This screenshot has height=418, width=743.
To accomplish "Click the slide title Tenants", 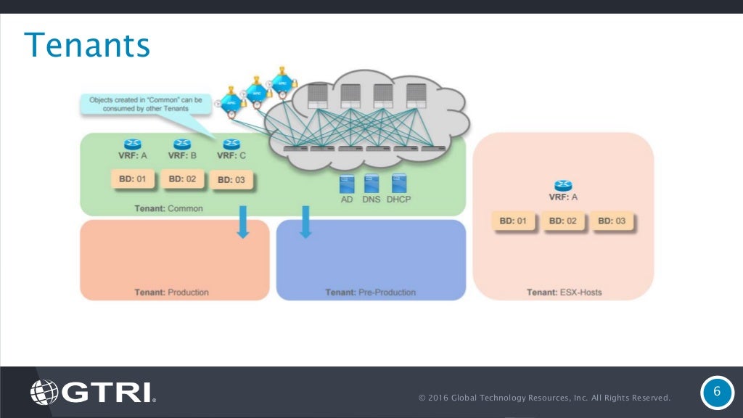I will [x=87, y=45].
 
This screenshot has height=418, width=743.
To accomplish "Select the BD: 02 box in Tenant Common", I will [x=182, y=179].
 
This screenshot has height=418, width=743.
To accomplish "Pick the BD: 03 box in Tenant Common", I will [x=231, y=179].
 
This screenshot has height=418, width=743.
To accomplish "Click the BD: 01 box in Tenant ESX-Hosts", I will [x=513, y=221].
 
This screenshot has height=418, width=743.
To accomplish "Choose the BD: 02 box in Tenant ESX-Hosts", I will [x=562, y=221].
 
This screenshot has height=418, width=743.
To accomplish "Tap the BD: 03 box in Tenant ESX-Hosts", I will [x=611, y=221].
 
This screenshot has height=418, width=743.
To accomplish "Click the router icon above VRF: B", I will [x=182, y=144].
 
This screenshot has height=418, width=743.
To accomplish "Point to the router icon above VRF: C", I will [x=231, y=144].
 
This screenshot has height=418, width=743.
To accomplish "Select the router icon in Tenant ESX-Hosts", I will [x=562, y=186].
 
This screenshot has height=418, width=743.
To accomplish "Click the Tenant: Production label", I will [x=171, y=292].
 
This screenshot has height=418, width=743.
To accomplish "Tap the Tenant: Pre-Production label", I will [x=370, y=292].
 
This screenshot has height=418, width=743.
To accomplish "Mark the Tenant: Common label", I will [x=168, y=208].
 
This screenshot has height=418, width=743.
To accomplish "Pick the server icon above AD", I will [x=346, y=183].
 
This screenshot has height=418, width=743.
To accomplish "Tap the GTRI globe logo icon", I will [x=44, y=393].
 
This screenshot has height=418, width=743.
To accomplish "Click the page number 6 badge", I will [x=717, y=393].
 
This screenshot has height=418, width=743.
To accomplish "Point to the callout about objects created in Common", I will [x=146, y=103].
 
